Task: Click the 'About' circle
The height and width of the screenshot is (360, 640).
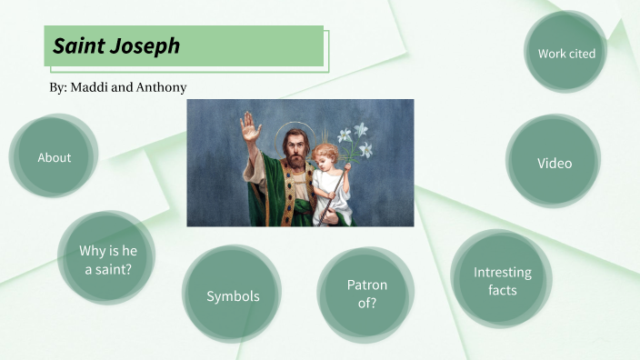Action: coord(54,157)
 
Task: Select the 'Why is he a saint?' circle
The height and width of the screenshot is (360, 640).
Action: coord(105,259)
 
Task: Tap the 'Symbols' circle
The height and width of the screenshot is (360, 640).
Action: coord(233,296)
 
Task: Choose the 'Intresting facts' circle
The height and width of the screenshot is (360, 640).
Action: coord(502,281)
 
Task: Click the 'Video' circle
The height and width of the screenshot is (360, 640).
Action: coord(554,164)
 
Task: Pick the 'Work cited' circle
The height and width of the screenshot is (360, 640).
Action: coord(566,54)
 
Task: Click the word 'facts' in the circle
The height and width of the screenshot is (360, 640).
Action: coord(502,290)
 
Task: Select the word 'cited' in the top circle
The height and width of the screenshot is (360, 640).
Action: coord(582,54)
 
